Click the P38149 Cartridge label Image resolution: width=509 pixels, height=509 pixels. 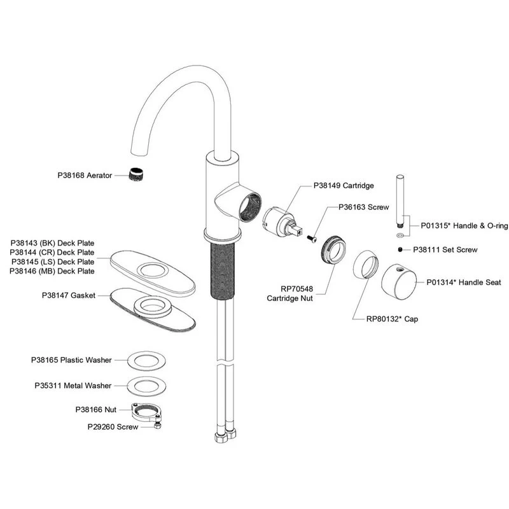tap(344, 186)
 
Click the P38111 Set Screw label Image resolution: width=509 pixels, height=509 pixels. tap(445, 250)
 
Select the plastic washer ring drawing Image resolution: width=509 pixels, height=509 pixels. tap(148, 360)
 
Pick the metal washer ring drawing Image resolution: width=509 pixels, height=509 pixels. tap(148, 386)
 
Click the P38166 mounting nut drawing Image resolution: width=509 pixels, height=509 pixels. tap(146, 410)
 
